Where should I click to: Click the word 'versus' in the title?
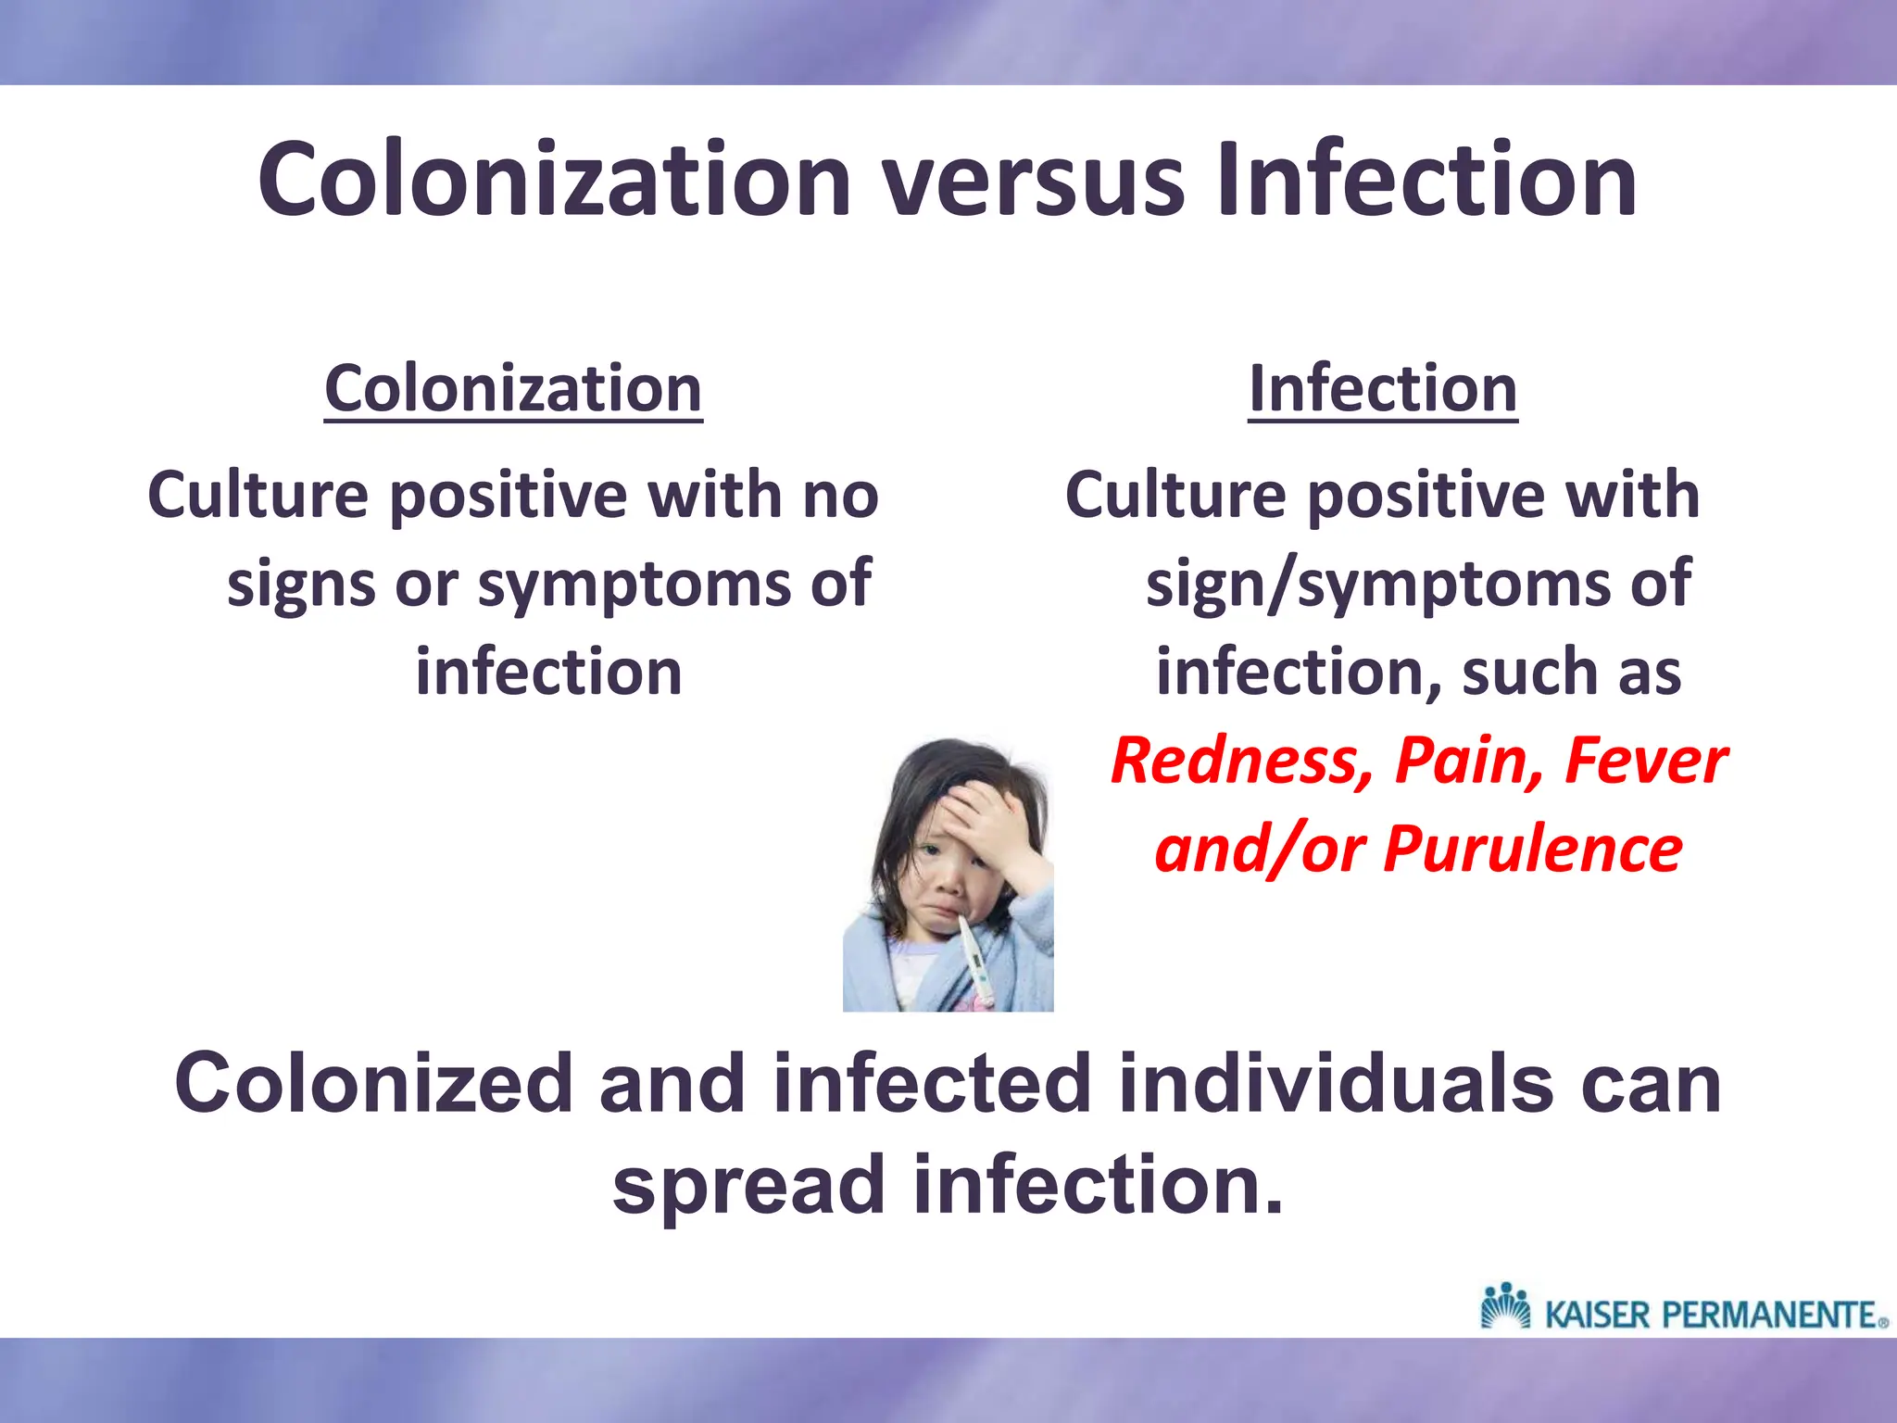tap(1033, 180)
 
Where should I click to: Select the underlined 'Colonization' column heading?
tap(513, 389)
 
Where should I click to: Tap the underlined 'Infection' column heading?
tap(1383, 389)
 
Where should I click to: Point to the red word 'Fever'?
tap(1645, 762)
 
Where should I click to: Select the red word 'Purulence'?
tap(1532, 850)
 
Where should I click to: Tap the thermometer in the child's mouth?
tap(976, 963)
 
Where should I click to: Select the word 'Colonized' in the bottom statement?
tap(374, 1084)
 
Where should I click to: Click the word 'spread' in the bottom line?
tap(748, 1186)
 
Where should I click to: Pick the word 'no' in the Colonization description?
tap(840, 496)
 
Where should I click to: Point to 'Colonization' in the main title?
tap(554, 180)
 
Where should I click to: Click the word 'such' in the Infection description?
tap(1529, 673)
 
